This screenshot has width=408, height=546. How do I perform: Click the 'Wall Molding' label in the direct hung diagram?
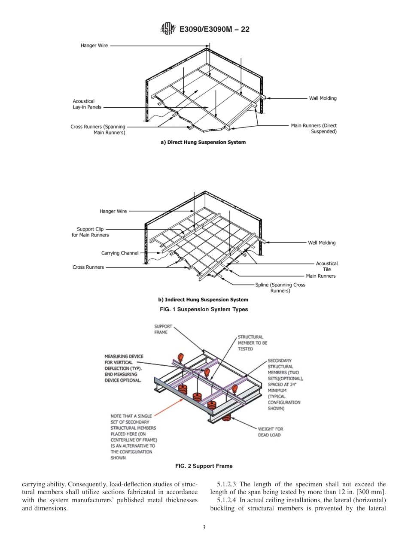323,98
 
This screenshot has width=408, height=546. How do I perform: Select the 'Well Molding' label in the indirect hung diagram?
322,243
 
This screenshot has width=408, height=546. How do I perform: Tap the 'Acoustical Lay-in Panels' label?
87,104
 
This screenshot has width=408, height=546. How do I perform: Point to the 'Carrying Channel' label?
120,253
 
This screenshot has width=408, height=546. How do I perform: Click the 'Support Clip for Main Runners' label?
90,232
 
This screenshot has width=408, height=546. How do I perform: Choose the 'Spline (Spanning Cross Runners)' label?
280,288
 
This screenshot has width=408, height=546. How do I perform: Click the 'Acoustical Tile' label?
327,266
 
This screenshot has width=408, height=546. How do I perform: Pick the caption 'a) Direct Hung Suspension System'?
203,142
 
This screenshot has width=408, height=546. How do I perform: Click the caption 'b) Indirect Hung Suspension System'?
203,300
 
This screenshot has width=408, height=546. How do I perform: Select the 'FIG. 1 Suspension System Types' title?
204,309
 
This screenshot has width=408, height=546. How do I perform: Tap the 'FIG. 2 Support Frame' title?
204,466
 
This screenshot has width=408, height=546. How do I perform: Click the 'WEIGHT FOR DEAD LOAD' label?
270,432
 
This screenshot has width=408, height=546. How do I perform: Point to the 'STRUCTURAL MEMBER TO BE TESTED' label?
252,343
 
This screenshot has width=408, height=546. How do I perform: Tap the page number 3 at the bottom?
204,528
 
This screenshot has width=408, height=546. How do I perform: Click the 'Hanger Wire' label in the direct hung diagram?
94,45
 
